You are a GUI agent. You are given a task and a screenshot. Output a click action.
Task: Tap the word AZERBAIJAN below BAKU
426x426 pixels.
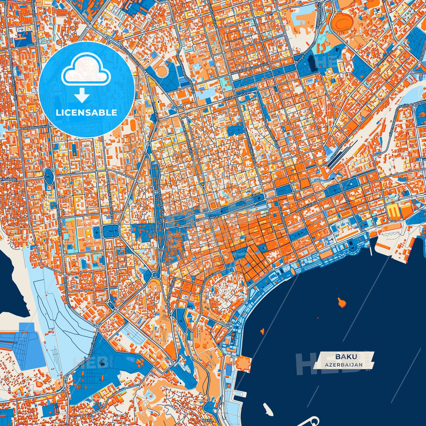pyautogui.click(x=344, y=365)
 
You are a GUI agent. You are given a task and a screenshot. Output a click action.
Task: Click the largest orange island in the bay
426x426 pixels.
pyautogui.click(x=341, y=302)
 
